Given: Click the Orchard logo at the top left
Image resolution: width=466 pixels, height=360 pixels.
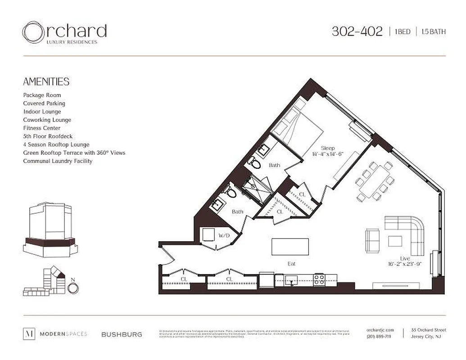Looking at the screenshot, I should click(64, 33).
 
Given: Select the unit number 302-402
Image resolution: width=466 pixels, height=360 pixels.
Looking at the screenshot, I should click(357, 31).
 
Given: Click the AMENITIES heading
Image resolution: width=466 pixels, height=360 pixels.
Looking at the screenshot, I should click(46, 81).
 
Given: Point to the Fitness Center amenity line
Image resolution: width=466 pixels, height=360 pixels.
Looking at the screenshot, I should click(39, 128).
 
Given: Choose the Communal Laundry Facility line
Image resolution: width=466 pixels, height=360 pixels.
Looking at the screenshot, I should click(58, 161).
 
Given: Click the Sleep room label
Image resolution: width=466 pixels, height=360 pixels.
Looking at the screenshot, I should click(327, 148).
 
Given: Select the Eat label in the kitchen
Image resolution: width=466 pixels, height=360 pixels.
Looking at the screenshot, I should click(291, 264).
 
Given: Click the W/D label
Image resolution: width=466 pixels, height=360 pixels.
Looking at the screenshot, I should click(224, 235).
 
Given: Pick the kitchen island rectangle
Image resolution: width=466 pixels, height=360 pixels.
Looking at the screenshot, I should click(290, 247).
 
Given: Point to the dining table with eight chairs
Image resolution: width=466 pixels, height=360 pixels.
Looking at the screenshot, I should click(375, 181).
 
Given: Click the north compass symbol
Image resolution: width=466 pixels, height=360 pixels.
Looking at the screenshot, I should click(73, 287).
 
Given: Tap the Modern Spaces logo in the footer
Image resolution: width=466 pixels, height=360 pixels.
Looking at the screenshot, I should click(55, 334).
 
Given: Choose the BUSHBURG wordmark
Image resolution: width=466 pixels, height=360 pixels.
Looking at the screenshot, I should click(122, 334).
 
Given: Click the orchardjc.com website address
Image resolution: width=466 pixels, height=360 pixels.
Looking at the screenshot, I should click(380, 330).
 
